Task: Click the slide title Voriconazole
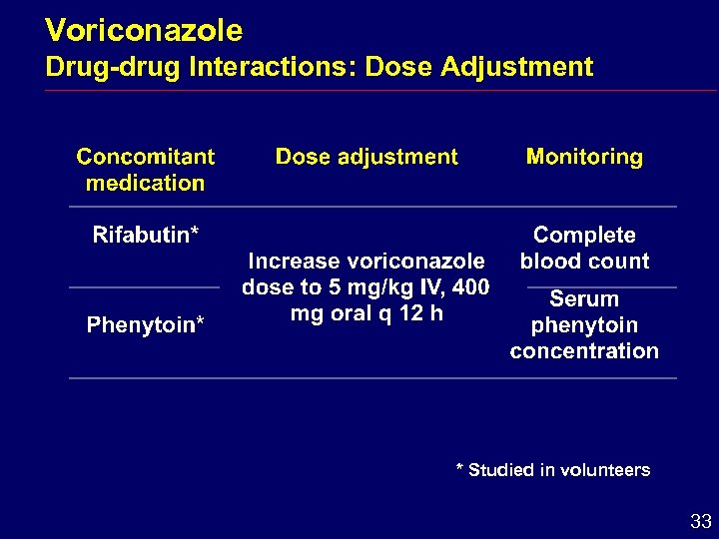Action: pos(144,31)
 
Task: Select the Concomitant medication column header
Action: pos(145,170)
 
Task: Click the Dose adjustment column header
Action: pos(366,157)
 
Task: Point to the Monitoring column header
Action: pos(584,157)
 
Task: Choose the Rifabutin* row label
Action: pos(145,236)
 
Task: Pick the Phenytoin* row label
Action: pos(145,325)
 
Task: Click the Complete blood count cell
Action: pos(584,249)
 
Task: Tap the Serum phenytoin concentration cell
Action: pos(584,325)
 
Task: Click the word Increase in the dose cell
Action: pos(294,262)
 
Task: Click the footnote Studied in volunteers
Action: pos(552,470)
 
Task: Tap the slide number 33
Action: pos(700,521)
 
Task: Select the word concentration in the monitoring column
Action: pos(584,351)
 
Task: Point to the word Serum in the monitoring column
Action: pos(584,299)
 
